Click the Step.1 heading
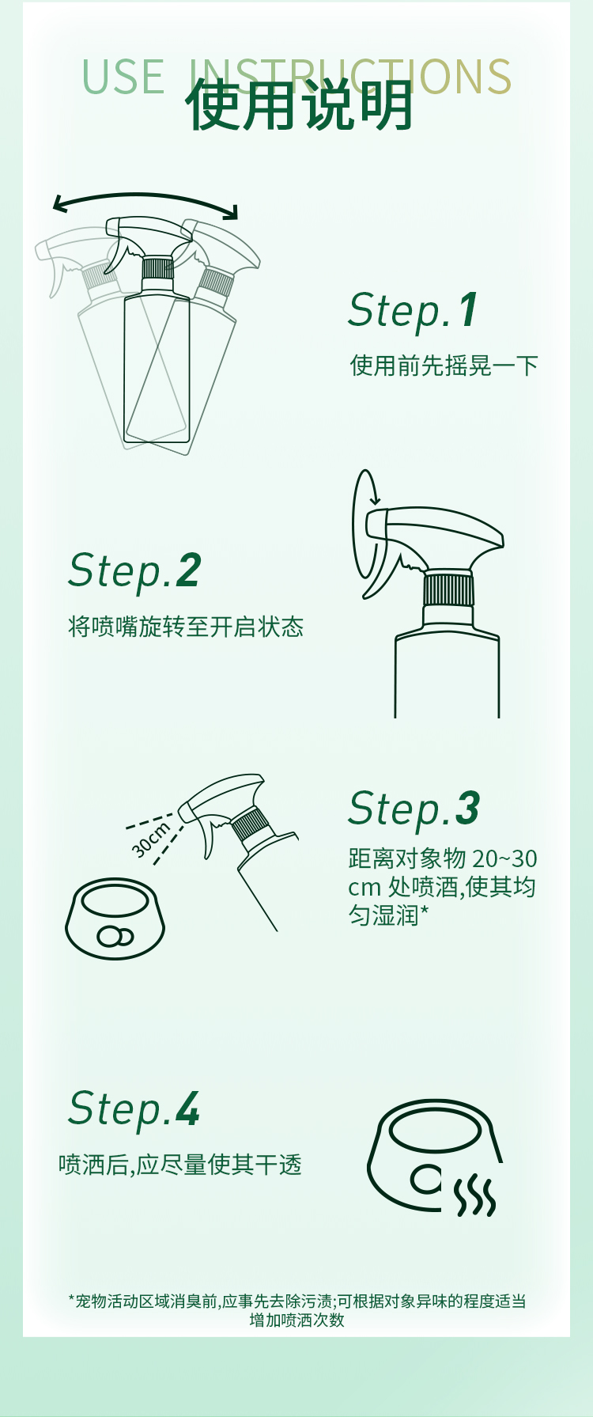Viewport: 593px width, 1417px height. [413, 309]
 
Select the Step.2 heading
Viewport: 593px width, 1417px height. [134, 570]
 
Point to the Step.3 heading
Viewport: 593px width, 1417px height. [414, 809]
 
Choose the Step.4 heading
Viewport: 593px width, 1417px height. [134, 1108]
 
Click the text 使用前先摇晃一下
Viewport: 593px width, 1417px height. [444, 366]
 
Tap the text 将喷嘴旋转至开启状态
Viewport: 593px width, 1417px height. [186, 627]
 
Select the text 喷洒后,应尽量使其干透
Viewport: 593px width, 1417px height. [180, 1165]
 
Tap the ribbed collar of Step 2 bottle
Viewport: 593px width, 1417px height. [448, 589]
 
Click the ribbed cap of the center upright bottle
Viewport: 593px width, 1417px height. [157, 267]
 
